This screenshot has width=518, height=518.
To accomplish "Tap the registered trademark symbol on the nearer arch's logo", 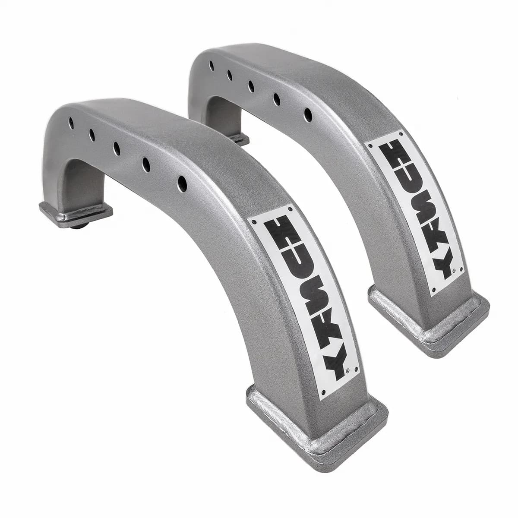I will [347, 370].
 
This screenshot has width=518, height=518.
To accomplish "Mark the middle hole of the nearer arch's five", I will [117, 147].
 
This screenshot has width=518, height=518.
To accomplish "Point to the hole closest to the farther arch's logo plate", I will [308, 114].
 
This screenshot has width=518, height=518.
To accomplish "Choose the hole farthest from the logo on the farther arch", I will [212, 66].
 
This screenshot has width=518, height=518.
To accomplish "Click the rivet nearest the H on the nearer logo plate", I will [254, 222].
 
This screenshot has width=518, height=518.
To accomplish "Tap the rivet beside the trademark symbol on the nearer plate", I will [355, 370].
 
